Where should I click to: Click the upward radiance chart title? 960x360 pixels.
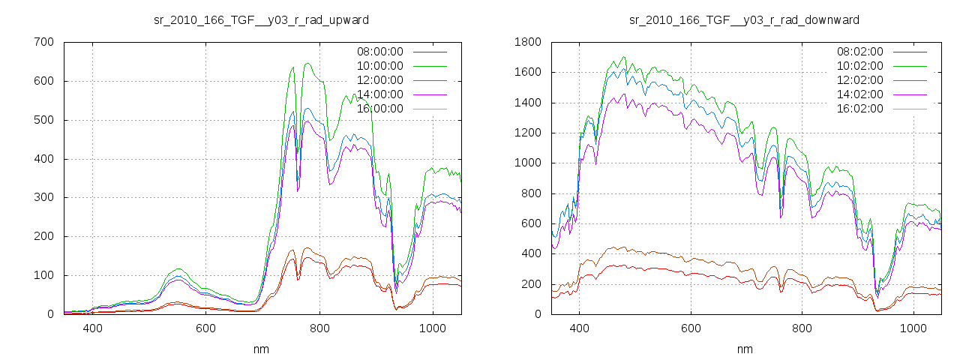click(261, 19)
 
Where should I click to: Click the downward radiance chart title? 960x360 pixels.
click(744, 19)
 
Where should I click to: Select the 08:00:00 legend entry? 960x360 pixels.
click(379, 52)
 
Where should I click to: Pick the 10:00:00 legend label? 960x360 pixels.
click(379, 66)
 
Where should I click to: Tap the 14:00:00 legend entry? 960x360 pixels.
click(379, 94)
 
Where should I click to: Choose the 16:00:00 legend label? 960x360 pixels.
click(379, 109)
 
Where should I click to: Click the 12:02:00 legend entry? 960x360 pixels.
click(859, 80)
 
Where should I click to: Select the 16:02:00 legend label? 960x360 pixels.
click(859, 109)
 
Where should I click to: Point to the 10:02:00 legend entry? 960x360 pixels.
click(859, 66)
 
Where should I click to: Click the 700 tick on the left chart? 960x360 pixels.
click(43, 42)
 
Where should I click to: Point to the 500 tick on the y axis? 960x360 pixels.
click(43, 120)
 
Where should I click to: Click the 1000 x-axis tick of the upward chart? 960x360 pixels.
click(433, 328)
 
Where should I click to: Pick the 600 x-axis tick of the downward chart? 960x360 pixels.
click(691, 328)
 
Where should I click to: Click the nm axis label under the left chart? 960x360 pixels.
click(261, 349)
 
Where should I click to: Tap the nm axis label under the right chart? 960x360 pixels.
click(744, 349)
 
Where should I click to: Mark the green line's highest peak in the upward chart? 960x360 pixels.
click(307, 64)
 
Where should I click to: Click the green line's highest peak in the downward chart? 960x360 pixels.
click(623, 57)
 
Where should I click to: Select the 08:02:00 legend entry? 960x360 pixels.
click(859, 52)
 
